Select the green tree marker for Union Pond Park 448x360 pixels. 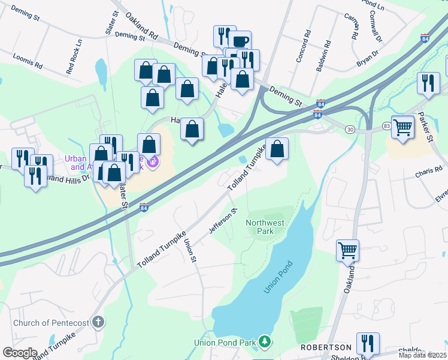[264, 342]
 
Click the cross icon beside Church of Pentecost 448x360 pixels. [98, 323]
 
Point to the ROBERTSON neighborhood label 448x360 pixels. [326, 347]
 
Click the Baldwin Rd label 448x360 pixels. [325, 55]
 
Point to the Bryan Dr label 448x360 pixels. [368, 58]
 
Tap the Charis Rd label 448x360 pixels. [428, 174]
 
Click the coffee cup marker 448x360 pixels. [240, 41]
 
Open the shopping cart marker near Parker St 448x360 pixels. [402, 127]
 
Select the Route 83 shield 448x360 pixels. [387, 125]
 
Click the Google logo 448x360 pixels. [20, 352]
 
